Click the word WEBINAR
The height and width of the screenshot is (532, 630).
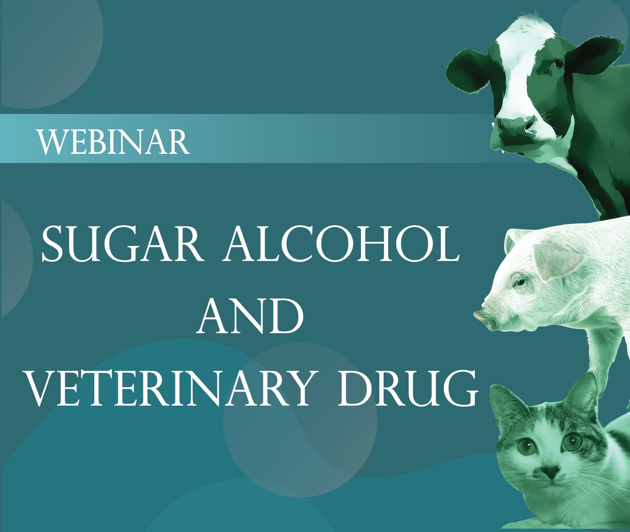114,142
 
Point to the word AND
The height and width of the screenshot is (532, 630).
250,316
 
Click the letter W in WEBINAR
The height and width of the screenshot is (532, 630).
52,142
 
